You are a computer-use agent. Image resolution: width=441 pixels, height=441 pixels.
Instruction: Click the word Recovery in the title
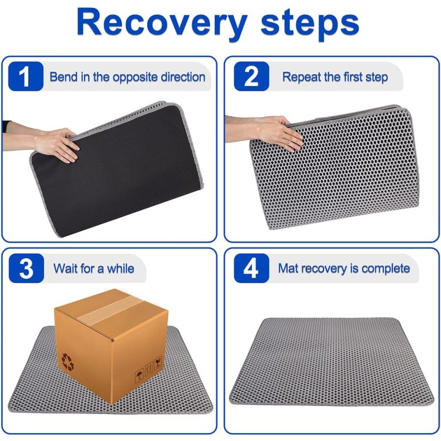[162, 23]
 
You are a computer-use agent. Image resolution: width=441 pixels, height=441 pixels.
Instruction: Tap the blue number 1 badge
[25, 76]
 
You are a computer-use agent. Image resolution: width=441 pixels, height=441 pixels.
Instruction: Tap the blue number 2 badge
[251, 76]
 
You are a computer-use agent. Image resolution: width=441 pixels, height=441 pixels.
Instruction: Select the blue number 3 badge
[26, 268]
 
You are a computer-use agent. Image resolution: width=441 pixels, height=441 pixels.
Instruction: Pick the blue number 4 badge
[251, 268]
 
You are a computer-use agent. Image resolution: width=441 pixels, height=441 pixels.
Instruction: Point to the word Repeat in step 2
[300, 77]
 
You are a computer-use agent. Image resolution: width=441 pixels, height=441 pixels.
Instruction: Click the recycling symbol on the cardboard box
[68, 362]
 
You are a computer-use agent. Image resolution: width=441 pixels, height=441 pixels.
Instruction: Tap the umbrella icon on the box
[139, 375]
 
